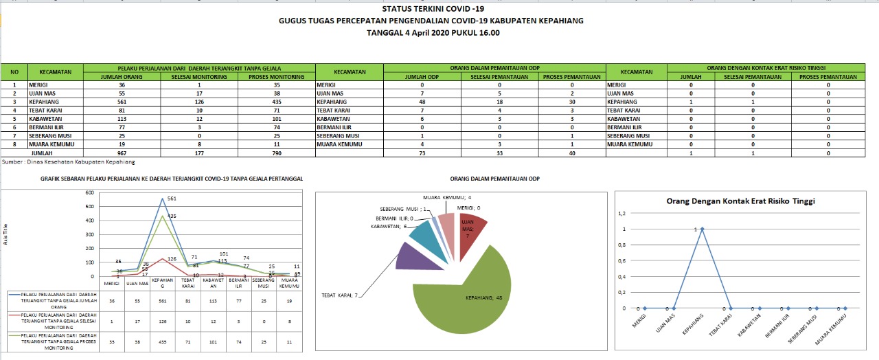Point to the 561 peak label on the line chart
coord(173,199)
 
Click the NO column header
coord(14,72)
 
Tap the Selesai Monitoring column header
coord(199,77)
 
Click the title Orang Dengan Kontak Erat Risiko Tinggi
coord(740,201)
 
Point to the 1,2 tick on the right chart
coord(623,213)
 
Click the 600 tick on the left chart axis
coord(89,192)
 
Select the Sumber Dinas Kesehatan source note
coord(68,162)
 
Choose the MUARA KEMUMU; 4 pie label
coord(446,198)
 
